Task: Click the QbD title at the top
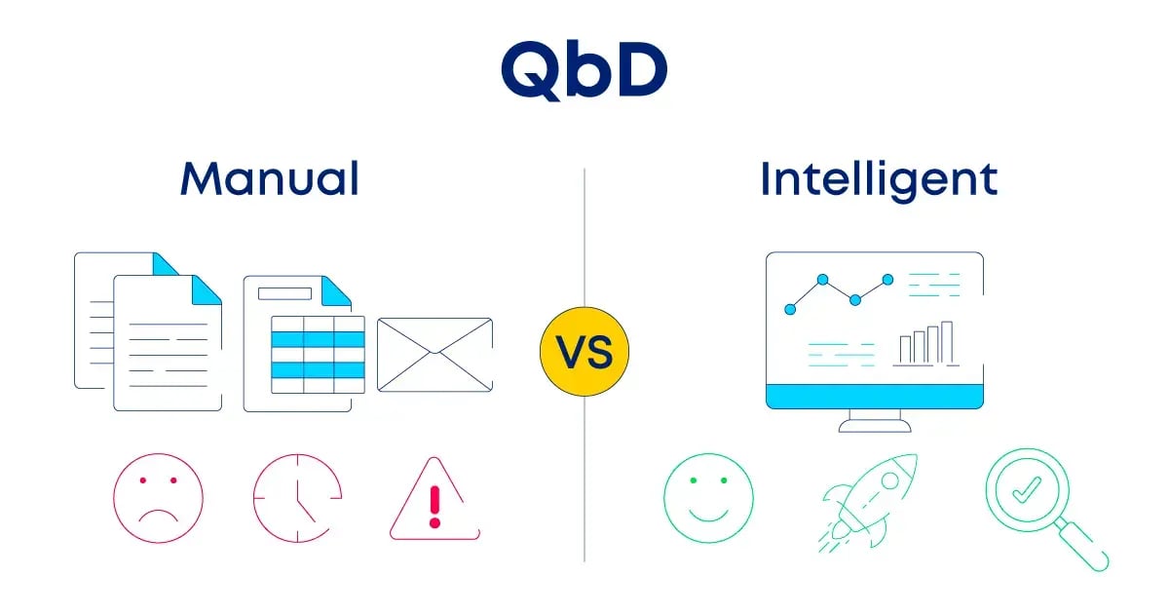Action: [x=584, y=70]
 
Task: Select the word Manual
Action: [x=269, y=179]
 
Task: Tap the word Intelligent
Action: [x=879, y=179]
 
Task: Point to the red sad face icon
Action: [x=158, y=498]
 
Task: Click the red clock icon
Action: [x=297, y=498]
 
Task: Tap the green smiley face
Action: [x=709, y=498]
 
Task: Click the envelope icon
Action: [x=434, y=354]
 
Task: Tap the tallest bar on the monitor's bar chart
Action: [x=946, y=342]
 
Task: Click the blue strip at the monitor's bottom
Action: [x=874, y=397]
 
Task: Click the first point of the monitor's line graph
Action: [x=790, y=309]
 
